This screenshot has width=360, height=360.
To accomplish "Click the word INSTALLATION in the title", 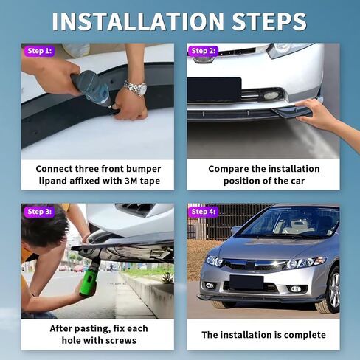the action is coord(138,21).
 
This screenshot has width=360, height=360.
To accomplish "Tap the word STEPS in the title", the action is coord(269,21).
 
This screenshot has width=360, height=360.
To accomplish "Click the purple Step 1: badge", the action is coord(39,51).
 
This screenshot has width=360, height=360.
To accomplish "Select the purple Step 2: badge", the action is coord(203,51).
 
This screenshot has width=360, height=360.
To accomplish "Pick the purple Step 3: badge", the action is coord(39,212).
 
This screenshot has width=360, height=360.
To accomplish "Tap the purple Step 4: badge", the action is coord(203,212).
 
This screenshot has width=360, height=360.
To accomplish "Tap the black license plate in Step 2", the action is coord(214,90).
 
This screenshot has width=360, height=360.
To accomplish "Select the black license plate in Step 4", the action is coord(246,283).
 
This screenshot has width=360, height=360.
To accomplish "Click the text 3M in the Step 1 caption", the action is coord(131,181).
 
